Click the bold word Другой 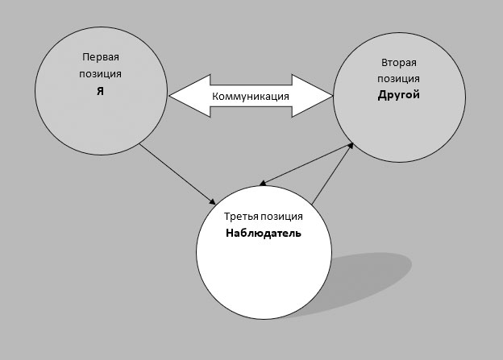click(399, 94)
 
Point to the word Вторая click(399, 63)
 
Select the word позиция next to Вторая click(399, 78)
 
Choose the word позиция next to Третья click(284, 217)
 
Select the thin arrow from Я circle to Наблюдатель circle click(177, 173)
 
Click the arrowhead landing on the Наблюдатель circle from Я click(212, 200)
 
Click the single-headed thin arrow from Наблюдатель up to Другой click(332, 173)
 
